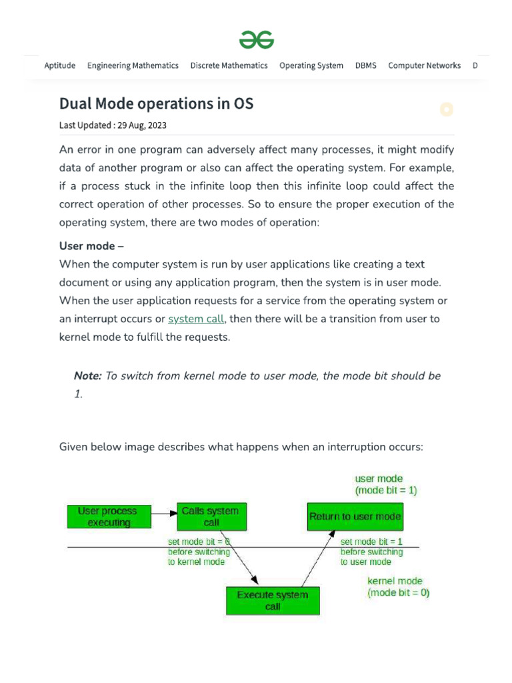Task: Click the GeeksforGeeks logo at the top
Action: click(x=257, y=40)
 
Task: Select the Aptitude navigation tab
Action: click(x=59, y=65)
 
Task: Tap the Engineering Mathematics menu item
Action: click(x=133, y=65)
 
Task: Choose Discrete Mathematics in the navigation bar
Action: click(x=229, y=65)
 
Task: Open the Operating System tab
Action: click(x=311, y=65)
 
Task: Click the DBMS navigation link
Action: click(x=365, y=65)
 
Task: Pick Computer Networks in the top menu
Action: click(x=424, y=65)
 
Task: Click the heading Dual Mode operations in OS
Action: click(x=157, y=104)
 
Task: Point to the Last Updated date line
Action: click(x=113, y=125)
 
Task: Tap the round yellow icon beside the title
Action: click(x=447, y=109)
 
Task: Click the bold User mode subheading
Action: click(x=87, y=246)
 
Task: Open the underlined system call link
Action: click(x=196, y=319)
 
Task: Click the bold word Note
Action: click(x=87, y=376)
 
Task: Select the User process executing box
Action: click(x=107, y=516)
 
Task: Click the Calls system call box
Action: click(x=211, y=516)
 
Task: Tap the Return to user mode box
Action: click(x=355, y=516)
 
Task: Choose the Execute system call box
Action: click(x=273, y=600)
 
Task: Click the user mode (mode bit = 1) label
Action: click(x=386, y=484)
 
